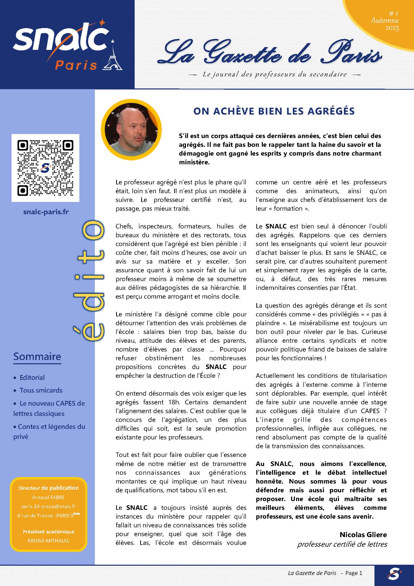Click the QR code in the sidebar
coord(45,168)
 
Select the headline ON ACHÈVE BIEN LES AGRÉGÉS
coord(274,111)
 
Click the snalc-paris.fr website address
coord(46,212)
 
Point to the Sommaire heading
coord(37,356)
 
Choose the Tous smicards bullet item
coord(41,390)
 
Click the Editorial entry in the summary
coord(32,378)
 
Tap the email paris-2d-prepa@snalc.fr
coord(49,506)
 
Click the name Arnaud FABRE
coord(49,497)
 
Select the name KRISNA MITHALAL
coord(49,541)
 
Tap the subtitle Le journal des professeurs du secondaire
coord(275,74)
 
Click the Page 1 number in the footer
coord(354,573)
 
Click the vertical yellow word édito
coord(89,281)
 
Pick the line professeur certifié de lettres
coord(342,544)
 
